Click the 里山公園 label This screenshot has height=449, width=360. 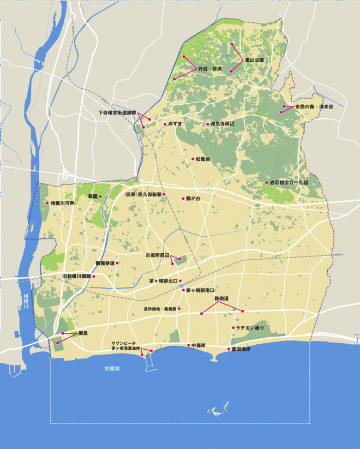[x=255, y=59]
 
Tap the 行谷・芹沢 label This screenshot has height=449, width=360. [x=211, y=69]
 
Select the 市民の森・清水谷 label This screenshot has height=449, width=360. [x=314, y=107]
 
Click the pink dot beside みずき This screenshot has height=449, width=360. [x=165, y=124]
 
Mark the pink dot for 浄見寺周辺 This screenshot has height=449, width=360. [x=207, y=124]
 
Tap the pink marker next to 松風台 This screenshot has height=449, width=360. [x=192, y=159]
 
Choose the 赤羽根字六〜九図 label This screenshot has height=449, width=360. [x=289, y=183]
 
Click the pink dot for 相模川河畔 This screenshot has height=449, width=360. [x=47, y=203]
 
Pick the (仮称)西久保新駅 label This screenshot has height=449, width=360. [x=143, y=194]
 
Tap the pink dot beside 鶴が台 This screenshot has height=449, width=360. [x=183, y=199]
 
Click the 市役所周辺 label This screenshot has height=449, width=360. [x=158, y=255]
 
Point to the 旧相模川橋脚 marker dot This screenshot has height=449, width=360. [x=94, y=277]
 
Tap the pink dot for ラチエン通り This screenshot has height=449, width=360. [x=233, y=328]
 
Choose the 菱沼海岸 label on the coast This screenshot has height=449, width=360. [x=241, y=349]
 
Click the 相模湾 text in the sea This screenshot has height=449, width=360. [x=112, y=369]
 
